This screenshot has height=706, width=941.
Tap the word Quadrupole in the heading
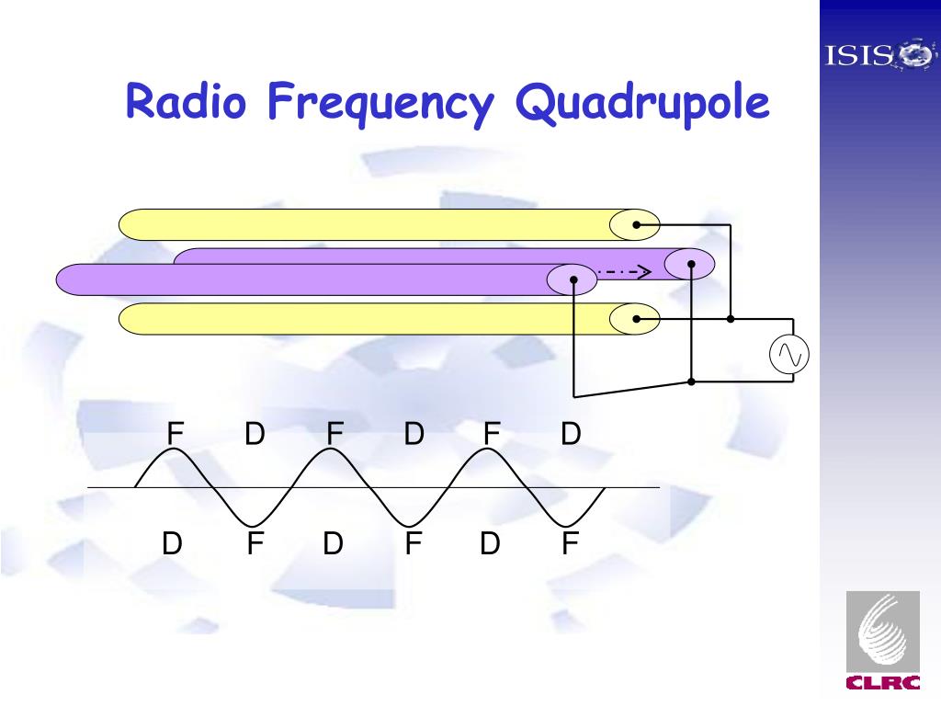[x=642, y=103]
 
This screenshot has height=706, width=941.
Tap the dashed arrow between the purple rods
[x=625, y=271]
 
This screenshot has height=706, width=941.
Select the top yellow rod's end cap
[x=635, y=224]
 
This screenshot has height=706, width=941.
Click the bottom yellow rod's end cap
[x=635, y=319]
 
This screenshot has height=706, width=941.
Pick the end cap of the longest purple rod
[x=572, y=279]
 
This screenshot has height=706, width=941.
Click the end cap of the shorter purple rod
[x=689, y=264]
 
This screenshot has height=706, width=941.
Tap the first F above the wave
[x=175, y=433]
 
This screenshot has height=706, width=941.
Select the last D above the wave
[x=572, y=433]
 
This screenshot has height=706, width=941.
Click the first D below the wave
[x=172, y=544]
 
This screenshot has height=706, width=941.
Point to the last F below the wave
[x=571, y=544]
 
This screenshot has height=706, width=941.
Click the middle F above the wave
[x=334, y=433]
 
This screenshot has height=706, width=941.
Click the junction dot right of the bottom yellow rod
[x=731, y=319]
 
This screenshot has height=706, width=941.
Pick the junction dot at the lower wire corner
[x=692, y=381]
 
